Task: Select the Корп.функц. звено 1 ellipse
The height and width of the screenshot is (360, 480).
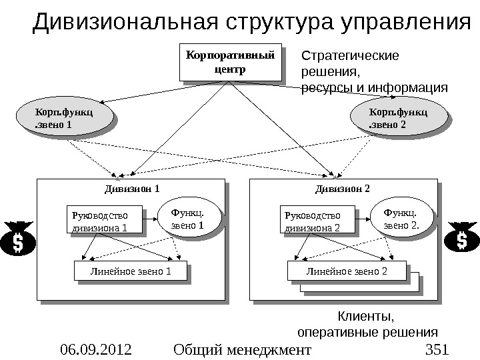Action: coord(63,117)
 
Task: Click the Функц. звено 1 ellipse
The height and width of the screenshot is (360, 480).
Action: coord(187,219)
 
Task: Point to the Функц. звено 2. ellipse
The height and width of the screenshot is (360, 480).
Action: coord(401,219)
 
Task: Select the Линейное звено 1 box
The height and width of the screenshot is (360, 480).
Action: coord(127,271)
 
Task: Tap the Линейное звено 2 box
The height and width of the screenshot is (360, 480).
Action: coord(346,271)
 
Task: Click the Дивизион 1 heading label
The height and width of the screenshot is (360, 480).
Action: coord(133,188)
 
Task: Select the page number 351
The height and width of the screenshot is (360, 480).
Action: coord(437,349)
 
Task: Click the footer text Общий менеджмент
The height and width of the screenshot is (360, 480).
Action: coord(241,349)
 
